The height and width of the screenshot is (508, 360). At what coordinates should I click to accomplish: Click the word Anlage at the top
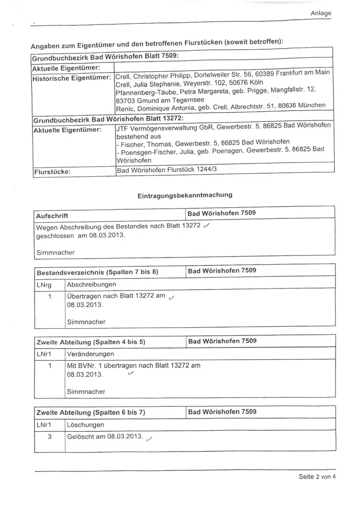click(x=321, y=13)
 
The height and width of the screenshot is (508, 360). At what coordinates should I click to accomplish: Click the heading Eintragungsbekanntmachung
click(x=185, y=195)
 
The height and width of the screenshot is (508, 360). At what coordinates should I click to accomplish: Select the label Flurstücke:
click(x=51, y=172)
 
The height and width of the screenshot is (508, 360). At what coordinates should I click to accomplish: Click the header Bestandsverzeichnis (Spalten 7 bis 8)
click(x=97, y=272)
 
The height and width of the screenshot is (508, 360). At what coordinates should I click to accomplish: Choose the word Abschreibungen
click(x=92, y=284)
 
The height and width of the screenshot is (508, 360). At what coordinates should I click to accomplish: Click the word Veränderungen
click(x=91, y=354)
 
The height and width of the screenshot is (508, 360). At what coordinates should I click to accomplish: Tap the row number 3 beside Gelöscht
click(x=49, y=436)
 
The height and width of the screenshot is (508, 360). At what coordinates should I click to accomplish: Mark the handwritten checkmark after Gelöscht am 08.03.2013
click(x=149, y=439)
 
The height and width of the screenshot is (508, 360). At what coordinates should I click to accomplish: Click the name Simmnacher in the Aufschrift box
click(x=55, y=252)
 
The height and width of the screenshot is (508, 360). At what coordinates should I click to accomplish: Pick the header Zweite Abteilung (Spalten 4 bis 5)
click(x=91, y=342)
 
